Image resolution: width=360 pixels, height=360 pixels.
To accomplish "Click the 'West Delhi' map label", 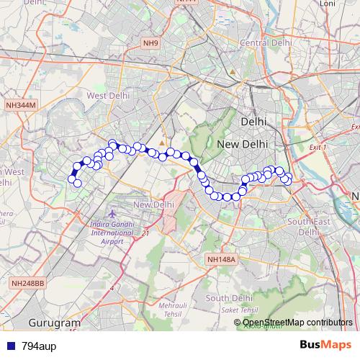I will click(108, 94).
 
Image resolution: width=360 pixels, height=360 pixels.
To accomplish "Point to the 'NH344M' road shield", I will click(19, 105).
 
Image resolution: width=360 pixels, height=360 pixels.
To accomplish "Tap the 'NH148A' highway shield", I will click(220, 259).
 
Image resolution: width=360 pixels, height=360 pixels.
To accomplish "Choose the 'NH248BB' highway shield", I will click(27, 284).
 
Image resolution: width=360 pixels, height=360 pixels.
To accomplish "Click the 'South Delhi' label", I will click(228, 297).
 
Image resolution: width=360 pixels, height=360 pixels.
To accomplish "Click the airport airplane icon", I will click(111, 214).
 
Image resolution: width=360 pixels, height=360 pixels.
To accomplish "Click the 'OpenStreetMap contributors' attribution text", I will click(297, 323).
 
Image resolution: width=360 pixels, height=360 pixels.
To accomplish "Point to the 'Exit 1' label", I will click(318, 147).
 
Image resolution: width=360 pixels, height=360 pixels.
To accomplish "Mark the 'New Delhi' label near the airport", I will click(153, 204).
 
